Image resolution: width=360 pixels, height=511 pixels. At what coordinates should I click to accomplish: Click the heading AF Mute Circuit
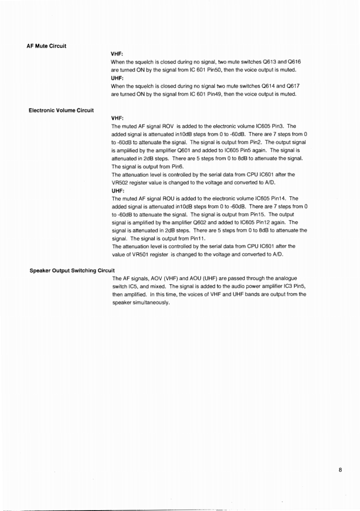point(47,46)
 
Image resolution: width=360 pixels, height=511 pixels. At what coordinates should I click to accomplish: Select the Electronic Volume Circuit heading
point(61,110)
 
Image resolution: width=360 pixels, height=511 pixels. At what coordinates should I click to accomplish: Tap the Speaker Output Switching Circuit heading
point(71,270)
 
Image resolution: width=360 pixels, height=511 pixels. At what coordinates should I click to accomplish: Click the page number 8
point(340,470)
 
